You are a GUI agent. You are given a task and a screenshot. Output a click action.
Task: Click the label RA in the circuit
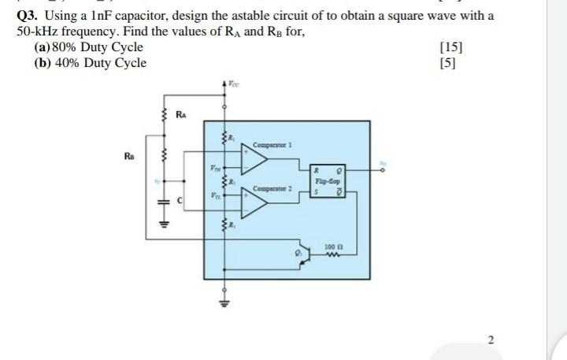[x=180, y=113]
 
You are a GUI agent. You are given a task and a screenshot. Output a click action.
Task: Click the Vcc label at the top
[x=235, y=81]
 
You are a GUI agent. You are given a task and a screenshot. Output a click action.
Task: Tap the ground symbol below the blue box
[x=226, y=301]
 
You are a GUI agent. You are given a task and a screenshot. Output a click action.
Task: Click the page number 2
[x=491, y=340]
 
